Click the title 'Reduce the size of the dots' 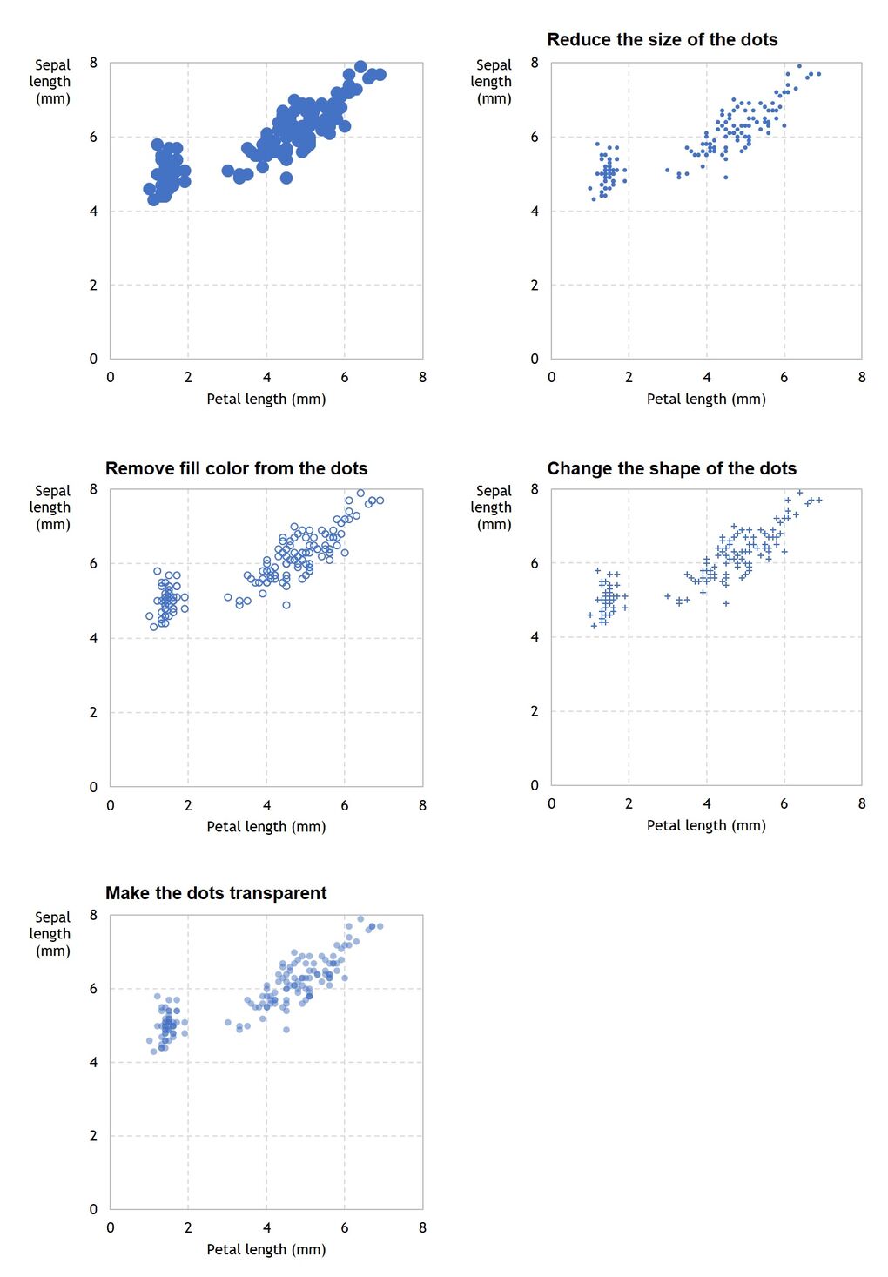coord(662,39)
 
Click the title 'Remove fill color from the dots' coord(236,468)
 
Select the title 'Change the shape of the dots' coord(671,468)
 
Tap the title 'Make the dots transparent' coord(216,893)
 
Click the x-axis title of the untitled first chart coord(266,399)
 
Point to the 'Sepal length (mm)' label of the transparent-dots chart coord(52,933)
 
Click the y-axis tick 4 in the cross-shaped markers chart coord(535,637)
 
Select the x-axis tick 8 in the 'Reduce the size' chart coord(861,377)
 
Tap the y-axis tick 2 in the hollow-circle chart coord(93,712)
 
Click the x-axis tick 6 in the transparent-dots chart coord(345,1227)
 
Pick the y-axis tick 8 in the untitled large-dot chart coord(93,63)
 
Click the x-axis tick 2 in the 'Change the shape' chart coord(629,803)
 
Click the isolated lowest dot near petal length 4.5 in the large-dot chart coord(286,178)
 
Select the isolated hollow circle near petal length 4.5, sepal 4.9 coord(286,605)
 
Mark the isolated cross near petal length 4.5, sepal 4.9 coord(726,603)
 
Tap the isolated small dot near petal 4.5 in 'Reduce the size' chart coord(726,178)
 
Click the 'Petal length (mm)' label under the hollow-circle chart coord(266,826)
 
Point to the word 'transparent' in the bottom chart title coord(279,893)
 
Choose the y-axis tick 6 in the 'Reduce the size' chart coord(535,137)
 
